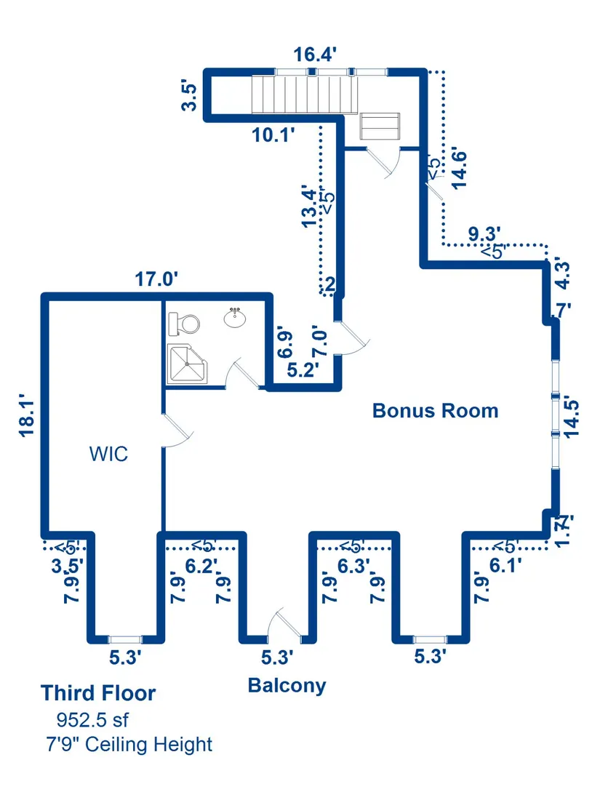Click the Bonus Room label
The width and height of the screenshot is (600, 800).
coord(435,410)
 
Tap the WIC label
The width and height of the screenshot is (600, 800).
coord(108,455)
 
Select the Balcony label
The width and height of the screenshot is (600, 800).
coord(287,685)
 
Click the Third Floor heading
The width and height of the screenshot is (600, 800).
coord(98,693)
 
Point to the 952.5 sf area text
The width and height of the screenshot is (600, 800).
coord(92,720)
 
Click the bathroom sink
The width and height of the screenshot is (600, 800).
coord(234,318)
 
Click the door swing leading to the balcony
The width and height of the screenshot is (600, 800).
coord(279,623)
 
